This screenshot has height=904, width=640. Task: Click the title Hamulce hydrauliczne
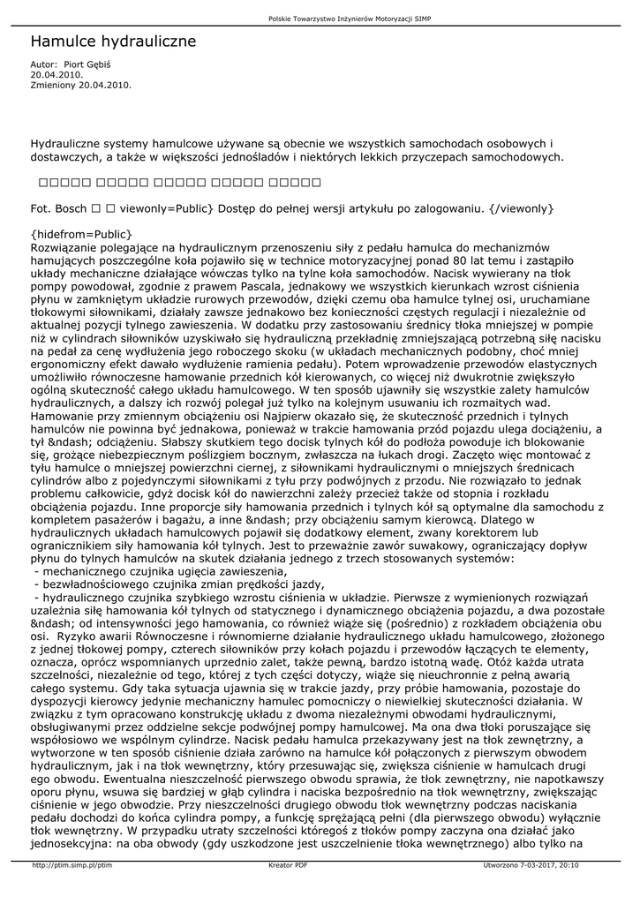point(113,41)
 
